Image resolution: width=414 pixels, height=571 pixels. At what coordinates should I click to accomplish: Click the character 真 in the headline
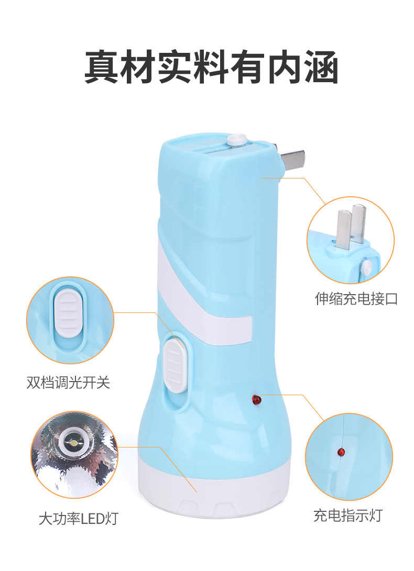(x=102, y=66)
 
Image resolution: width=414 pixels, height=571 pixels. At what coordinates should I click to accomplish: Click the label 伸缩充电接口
(x=356, y=299)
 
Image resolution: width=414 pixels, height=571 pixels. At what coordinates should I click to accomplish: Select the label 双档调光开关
(x=69, y=383)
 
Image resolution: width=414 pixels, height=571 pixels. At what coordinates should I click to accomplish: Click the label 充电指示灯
(x=348, y=516)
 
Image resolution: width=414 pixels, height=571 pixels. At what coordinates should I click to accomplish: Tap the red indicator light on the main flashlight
(x=257, y=400)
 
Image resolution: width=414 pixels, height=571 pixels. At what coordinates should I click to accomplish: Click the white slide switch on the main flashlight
(x=175, y=364)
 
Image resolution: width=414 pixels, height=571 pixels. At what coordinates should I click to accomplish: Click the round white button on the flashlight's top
(x=237, y=140)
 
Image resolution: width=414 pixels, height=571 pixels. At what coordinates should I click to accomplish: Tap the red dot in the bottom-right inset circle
(x=342, y=451)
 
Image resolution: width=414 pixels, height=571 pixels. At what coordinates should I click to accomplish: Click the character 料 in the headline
(x=211, y=66)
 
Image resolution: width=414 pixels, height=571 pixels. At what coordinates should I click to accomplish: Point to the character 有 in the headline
(x=247, y=66)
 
